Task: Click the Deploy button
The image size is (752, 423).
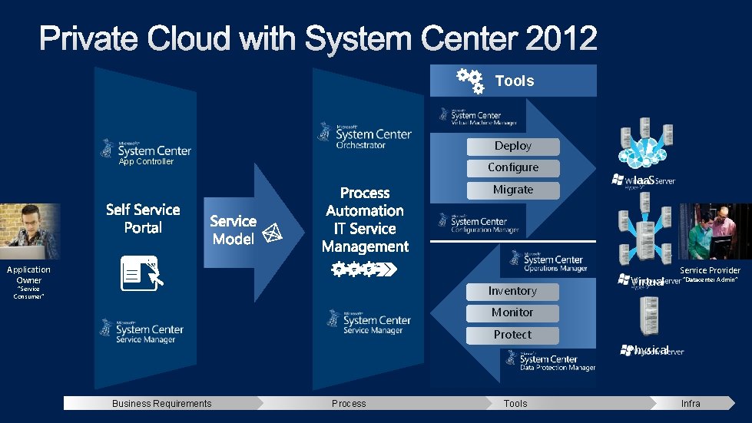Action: pos(512,146)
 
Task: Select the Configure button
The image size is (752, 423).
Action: pos(512,167)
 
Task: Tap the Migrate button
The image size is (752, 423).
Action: pos(512,190)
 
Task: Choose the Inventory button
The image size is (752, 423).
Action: pos(512,291)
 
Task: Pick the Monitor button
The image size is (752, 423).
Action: pos(512,312)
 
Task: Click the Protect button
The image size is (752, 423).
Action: pos(512,335)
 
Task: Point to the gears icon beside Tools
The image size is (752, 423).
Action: pos(469,81)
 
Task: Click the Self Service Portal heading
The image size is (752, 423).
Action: pos(143,218)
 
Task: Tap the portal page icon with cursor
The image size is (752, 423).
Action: pos(139,273)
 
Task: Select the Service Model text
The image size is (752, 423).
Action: pos(233,230)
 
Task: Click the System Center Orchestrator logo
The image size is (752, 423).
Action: pos(365,134)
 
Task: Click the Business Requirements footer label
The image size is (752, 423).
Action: pos(161,404)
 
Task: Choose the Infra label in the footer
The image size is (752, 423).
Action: pos(691,404)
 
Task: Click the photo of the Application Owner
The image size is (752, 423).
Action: pos(29,230)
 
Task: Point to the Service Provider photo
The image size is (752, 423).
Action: pos(714,232)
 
